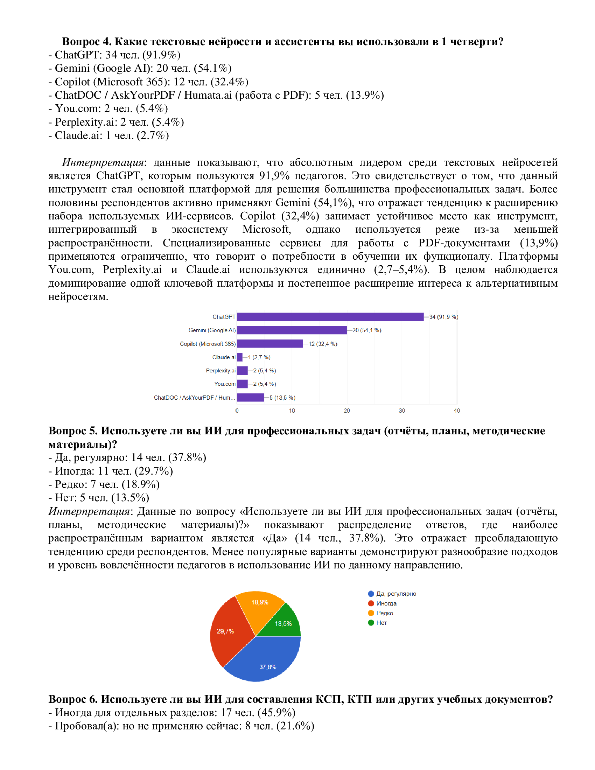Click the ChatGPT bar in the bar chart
click(x=330, y=317)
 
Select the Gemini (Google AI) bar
click(x=292, y=330)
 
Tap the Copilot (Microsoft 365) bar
click(x=270, y=343)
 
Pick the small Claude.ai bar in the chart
click(x=240, y=357)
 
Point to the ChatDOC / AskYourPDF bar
click(x=251, y=397)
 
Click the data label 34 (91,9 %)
click(x=443, y=317)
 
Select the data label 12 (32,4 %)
click(x=323, y=344)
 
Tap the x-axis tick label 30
click(x=402, y=411)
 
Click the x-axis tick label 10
click(x=292, y=411)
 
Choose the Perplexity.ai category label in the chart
click(x=220, y=371)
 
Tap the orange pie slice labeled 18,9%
click(x=260, y=607)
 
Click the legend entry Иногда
click(x=386, y=604)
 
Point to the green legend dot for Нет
click(x=371, y=623)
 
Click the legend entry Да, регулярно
click(x=396, y=594)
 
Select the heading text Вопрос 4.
click(x=87, y=42)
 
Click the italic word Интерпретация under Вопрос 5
click(x=89, y=511)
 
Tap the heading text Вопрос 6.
click(x=72, y=699)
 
